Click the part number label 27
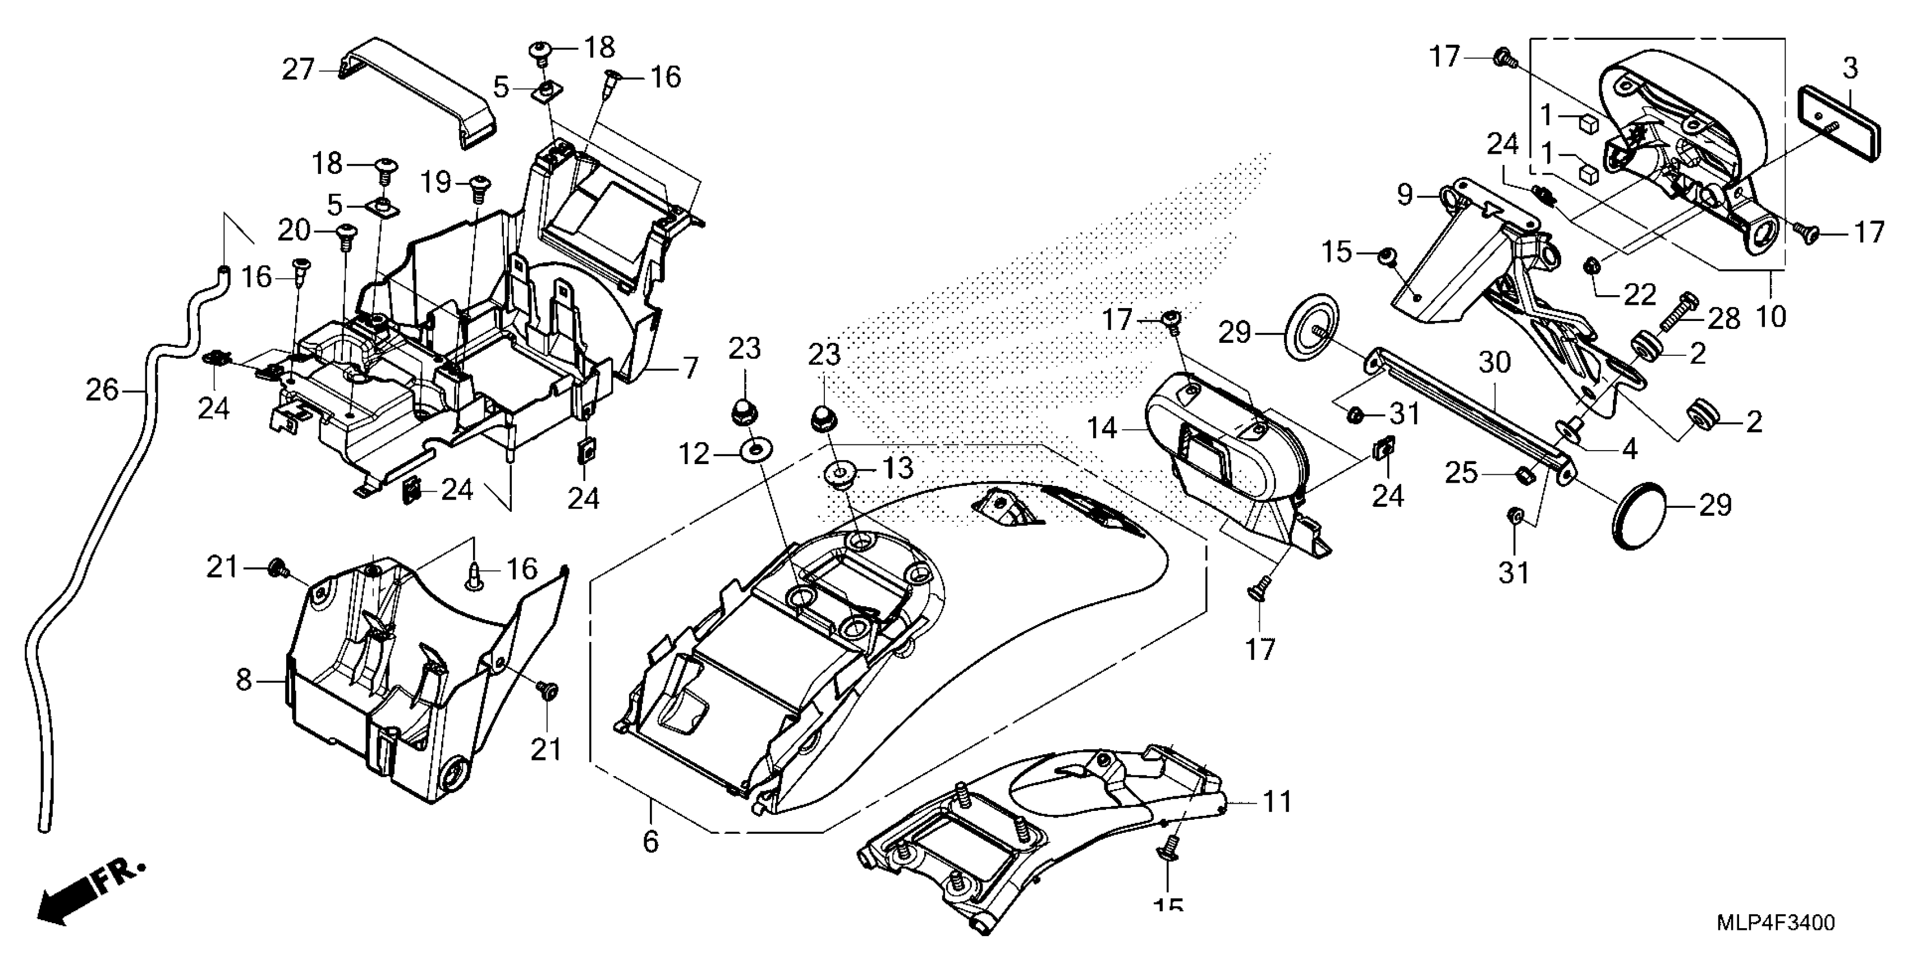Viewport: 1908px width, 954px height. coord(299,70)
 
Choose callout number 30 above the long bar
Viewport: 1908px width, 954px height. coord(1495,363)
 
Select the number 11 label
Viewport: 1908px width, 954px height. coord(1277,802)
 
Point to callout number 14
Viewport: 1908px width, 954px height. coord(1102,428)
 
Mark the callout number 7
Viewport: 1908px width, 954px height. coord(690,368)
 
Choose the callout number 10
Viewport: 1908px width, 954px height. coord(1771,317)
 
